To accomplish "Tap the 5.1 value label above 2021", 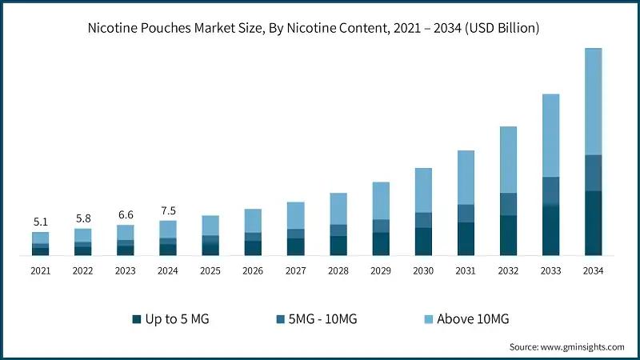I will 40,222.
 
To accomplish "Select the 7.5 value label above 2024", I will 168,210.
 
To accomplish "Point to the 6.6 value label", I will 126,215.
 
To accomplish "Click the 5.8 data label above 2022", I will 82,218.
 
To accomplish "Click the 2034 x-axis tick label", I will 593,271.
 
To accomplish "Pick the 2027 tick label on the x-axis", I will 295,271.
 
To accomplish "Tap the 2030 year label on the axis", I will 423,271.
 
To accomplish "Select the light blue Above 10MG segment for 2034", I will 593,101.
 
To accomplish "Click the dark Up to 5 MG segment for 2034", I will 593,223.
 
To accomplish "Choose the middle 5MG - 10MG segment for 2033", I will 550,192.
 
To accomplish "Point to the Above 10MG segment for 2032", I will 508,159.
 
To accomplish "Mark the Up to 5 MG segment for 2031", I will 466,239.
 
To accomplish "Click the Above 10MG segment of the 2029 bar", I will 380,200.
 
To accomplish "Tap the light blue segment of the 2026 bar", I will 253,220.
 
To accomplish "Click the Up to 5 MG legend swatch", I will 137,319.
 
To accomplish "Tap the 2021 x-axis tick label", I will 40,271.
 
